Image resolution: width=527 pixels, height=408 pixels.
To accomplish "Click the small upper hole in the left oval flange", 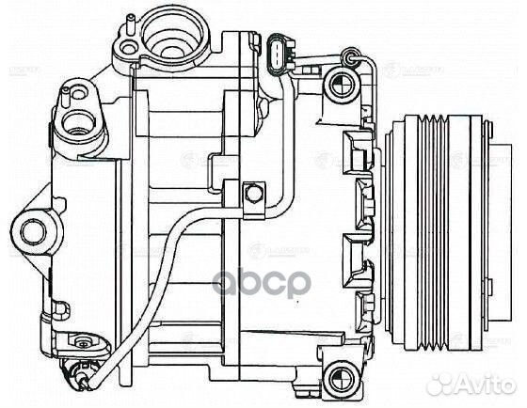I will pos(69,95).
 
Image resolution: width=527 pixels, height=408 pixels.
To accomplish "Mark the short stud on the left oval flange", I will pos(67,91).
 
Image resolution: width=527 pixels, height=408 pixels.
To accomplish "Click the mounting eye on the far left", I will pos(35,228).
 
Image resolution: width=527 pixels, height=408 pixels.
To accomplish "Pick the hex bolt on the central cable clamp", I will pos(251,195).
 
